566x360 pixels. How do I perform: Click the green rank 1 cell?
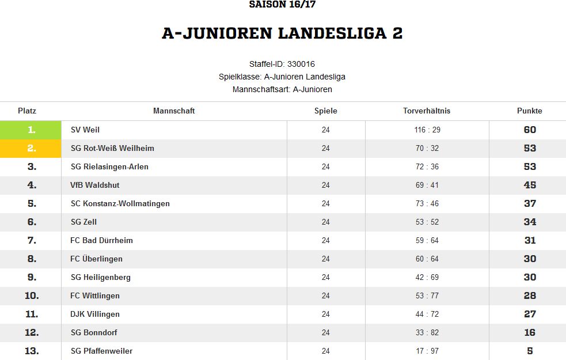coord(31,130)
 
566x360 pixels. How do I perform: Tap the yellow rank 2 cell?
coord(31,149)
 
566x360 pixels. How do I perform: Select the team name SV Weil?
coord(85,130)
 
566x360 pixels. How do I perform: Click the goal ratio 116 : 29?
coord(427,130)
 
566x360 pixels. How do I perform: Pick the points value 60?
coord(530,130)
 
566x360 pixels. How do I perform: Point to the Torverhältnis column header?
coord(427,111)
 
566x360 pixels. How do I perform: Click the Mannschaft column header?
coord(174,111)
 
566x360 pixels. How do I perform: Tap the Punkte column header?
coord(530,111)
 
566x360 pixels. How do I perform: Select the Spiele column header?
coord(325,111)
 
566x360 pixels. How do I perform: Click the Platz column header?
coord(27,111)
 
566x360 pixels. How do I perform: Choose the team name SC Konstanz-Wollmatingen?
coord(120,204)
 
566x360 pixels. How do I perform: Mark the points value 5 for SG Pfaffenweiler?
coord(530,351)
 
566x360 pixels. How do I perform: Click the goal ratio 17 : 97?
coord(427,351)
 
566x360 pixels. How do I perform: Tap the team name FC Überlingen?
coord(96,259)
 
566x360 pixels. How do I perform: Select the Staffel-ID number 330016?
coord(301,65)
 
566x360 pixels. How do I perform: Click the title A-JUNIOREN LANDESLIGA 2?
coord(282,33)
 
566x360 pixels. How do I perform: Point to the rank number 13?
coord(32,351)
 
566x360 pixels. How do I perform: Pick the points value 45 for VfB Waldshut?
coord(530,185)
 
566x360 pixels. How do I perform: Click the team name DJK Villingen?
coord(95,314)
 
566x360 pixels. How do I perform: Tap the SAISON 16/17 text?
coord(282,5)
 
